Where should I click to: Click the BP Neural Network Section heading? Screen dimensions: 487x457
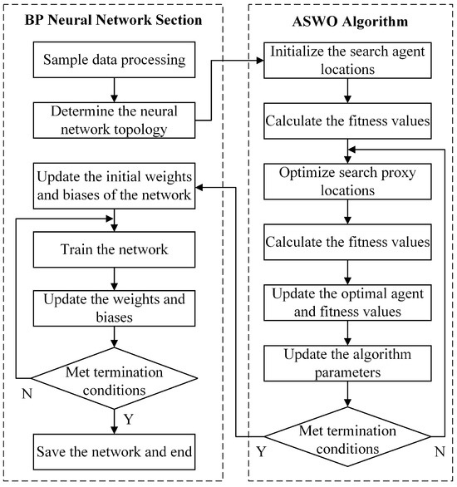(114, 17)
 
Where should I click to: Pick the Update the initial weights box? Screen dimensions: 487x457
(114, 189)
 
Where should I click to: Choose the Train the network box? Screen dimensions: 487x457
(114, 249)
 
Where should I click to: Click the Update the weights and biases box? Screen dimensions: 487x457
(114, 308)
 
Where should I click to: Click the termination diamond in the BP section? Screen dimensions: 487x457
(114, 380)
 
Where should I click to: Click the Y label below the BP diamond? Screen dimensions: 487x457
(127, 420)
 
